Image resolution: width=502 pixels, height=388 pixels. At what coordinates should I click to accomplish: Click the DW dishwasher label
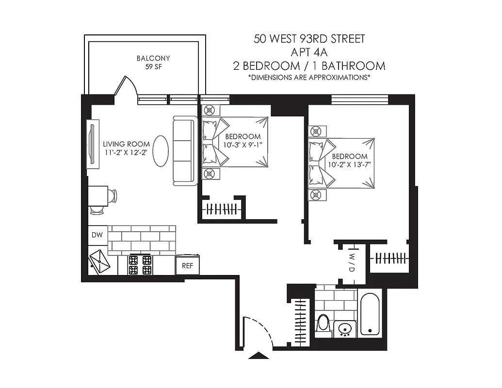click(x=97, y=235)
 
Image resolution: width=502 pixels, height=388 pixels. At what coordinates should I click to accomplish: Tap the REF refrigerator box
click(x=187, y=266)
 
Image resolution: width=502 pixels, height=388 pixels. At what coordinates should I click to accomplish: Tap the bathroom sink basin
click(x=345, y=328)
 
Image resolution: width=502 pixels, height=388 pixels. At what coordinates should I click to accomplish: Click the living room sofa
click(x=184, y=150)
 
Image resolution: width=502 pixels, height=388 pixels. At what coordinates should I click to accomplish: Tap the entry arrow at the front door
click(x=258, y=356)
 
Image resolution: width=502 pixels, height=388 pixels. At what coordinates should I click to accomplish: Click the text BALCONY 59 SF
click(x=153, y=63)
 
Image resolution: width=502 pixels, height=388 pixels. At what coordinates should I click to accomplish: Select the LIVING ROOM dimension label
click(x=126, y=148)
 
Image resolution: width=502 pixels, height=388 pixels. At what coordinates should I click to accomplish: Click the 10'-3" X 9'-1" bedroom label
click(x=243, y=141)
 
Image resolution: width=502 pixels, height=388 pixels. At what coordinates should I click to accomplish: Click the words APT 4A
click(x=309, y=52)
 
